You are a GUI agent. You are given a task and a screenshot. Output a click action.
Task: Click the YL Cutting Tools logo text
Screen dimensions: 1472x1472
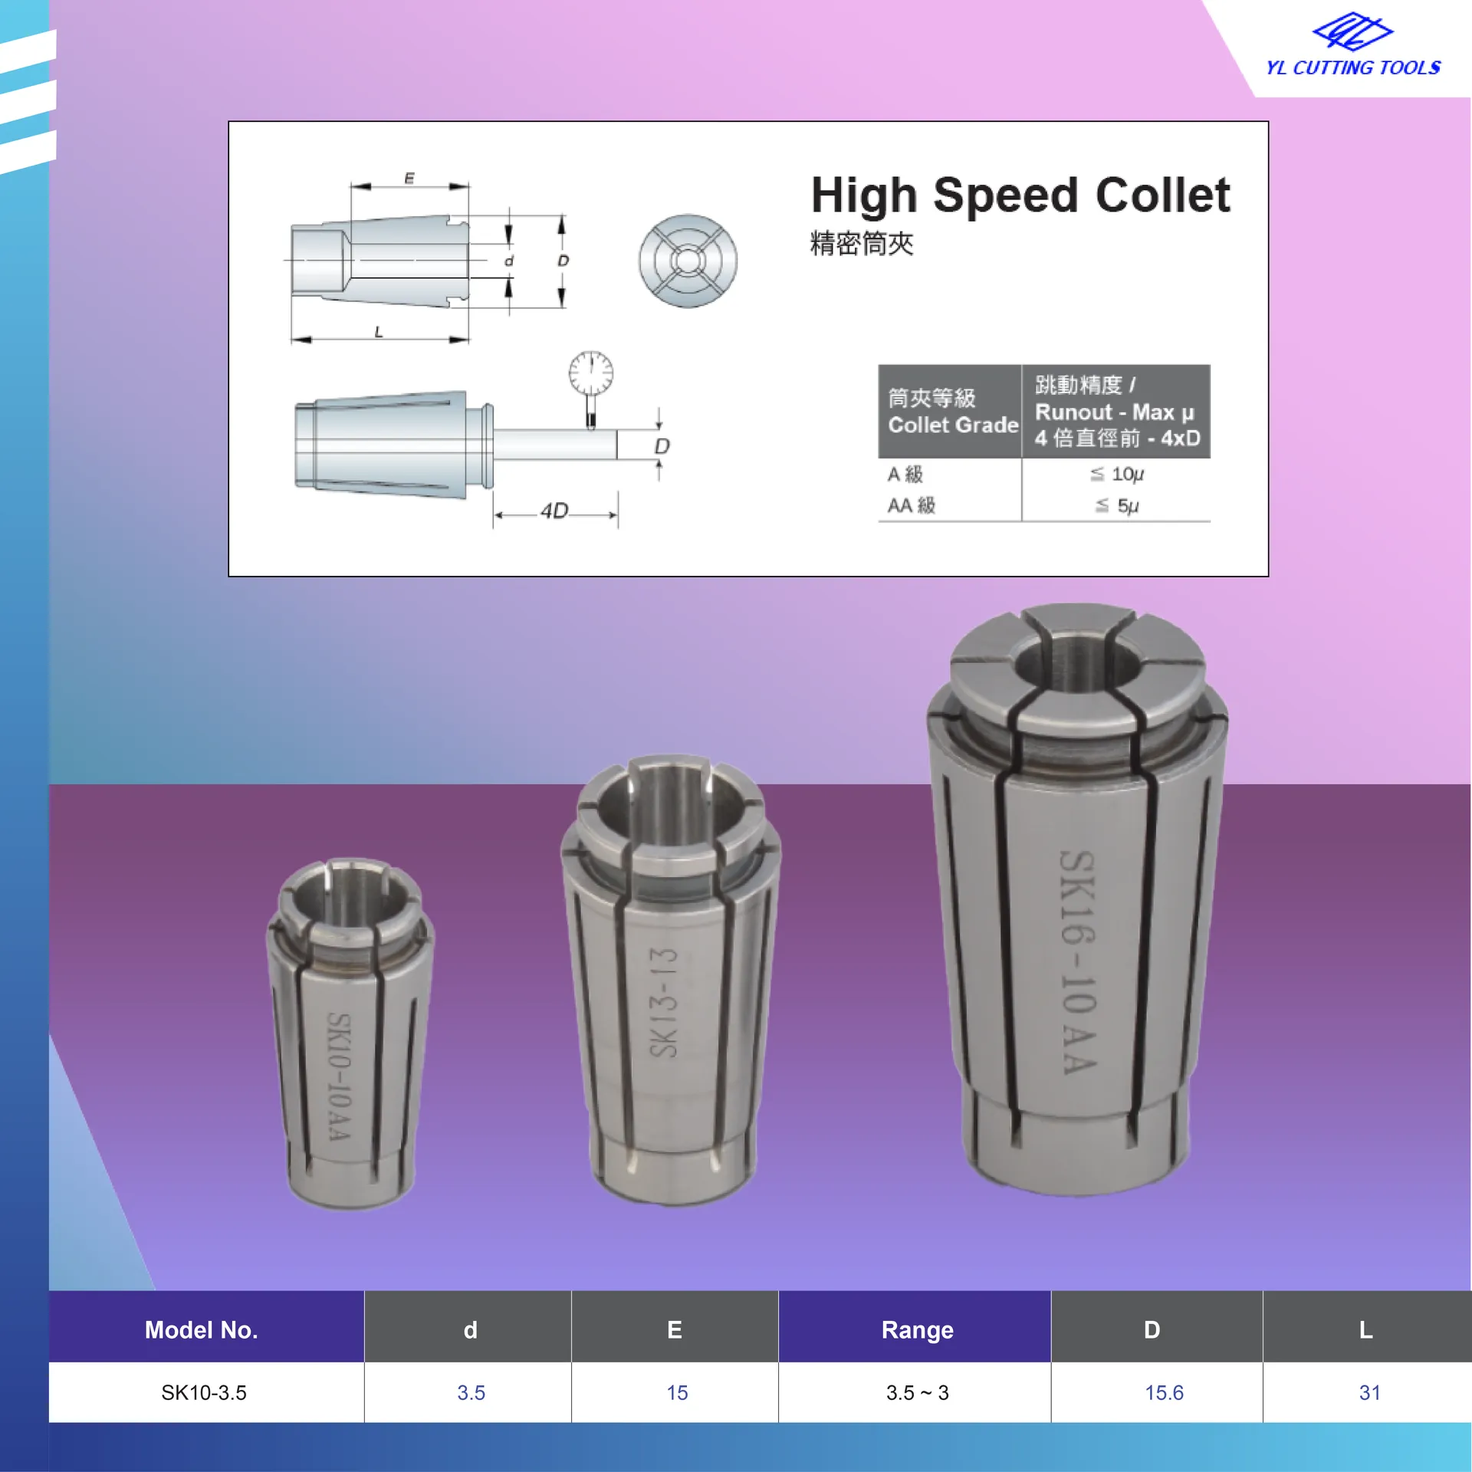click(x=1353, y=67)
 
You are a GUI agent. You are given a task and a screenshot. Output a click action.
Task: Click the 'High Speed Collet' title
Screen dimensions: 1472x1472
click(x=1020, y=195)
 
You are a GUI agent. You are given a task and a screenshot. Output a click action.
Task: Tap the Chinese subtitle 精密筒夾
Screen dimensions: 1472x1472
click(x=862, y=244)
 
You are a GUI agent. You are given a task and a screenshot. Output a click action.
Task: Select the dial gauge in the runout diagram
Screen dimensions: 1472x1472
click(x=590, y=387)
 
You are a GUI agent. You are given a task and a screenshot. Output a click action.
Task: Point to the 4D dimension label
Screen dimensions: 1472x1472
click(x=554, y=511)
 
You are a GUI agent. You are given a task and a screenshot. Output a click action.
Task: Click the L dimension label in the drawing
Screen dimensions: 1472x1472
click(x=379, y=332)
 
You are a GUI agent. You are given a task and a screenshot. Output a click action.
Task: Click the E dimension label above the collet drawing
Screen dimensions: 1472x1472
click(x=409, y=179)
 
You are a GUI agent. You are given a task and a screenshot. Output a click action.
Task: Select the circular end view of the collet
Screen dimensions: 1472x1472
click(x=688, y=261)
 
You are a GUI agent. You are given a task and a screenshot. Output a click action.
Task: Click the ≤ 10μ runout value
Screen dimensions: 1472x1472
click(x=1116, y=475)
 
